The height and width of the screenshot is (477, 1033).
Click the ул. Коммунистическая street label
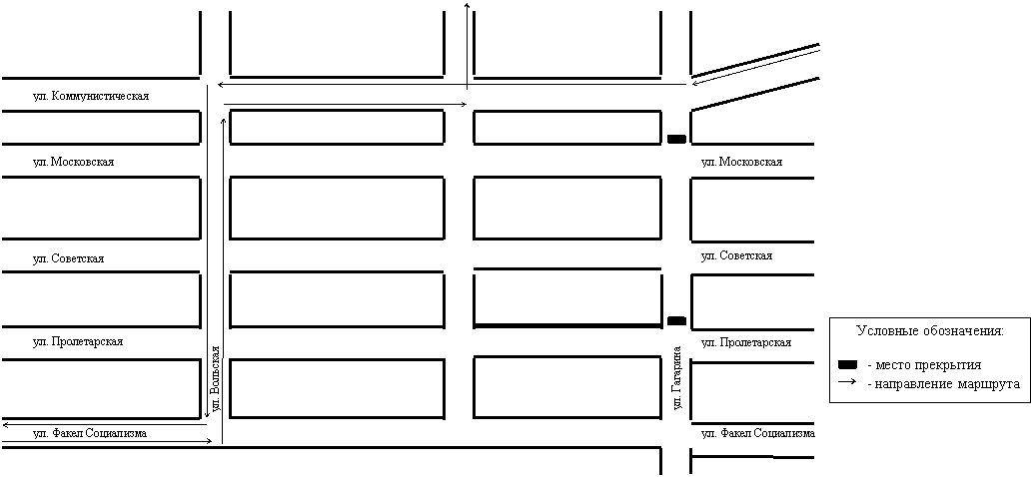[x=91, y=96]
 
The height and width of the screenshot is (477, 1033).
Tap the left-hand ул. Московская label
[x=74, y=162]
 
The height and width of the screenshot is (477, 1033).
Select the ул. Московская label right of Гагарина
[x=742, y=162]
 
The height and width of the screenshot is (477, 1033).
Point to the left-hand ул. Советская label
[x=69, y=259]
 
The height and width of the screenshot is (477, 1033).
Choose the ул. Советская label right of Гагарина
[x=736, y=255]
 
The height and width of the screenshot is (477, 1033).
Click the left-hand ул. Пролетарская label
[x=78, y=341]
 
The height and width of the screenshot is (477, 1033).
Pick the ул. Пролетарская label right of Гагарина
[x=746, y=343]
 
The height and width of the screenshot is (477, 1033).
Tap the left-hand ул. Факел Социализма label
[x=90, y=433]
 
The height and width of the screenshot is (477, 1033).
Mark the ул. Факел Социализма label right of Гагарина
[x=758, y=433]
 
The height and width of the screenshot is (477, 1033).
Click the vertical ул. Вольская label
[x=216, y=380]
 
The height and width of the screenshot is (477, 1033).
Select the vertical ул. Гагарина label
[x=677, y=377]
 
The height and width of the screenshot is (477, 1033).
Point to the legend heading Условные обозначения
[x=929, y=331]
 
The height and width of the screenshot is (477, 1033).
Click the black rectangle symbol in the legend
[x=848, y=364]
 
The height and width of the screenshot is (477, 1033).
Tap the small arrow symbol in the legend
[x=848, y=382]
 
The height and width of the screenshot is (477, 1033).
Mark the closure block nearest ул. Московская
[x=676, y=139]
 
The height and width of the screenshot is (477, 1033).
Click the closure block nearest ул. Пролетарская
[x=676, y=320]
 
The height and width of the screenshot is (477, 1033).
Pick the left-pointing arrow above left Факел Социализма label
[x=106, y=424]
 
